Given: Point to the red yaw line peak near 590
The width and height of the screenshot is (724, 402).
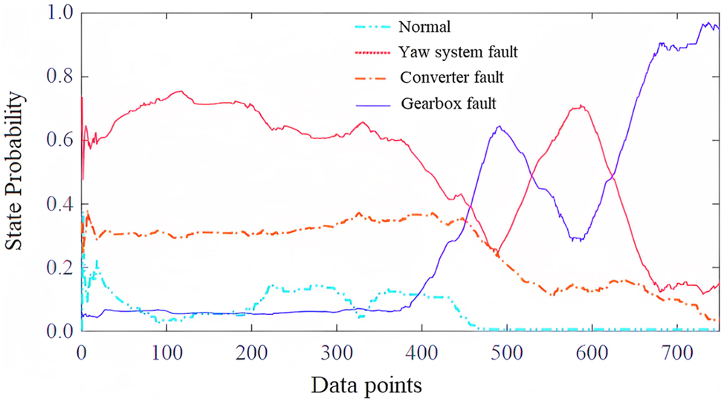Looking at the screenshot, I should [581, 106].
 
